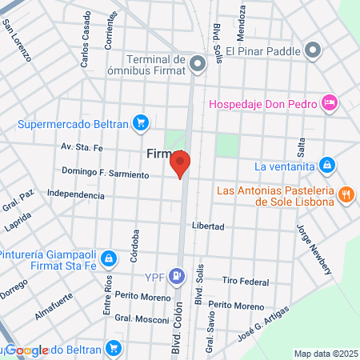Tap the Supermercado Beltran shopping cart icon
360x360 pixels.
pyautogui.click(x=141, y=123)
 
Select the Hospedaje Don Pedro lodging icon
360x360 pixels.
pyautogui.click(x=329, y=102)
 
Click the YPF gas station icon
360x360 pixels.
pyautogui.click(x=180, y=277)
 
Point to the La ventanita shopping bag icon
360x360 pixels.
pyautogui.click(x=326, y=166)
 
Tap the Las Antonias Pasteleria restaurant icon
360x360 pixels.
pyautogui.click(x=346, y=194)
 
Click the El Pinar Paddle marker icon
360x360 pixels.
pyautogui.click(x=314, y=52)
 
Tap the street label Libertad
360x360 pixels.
pyautogui.click(x=207, y=226)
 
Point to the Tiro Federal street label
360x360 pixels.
pyautogui.click(x=246, y=281)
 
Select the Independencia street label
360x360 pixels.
pyautogui.click(x=76, y=194)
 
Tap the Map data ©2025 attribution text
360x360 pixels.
pyautogui.click(x=326, y=354)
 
